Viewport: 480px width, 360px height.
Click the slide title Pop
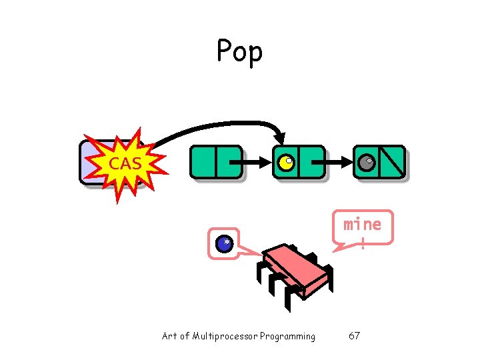tap(239, 51)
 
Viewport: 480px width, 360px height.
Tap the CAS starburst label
tap(125, 162)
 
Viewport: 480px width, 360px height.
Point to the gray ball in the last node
tap(366, 162)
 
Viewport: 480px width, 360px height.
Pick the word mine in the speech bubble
tap(363, 224)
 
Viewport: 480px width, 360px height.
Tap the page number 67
tap(354, 335)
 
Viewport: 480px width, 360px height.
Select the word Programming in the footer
tap(287, 336)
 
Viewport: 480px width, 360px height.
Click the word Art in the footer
tap(170, 336)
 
